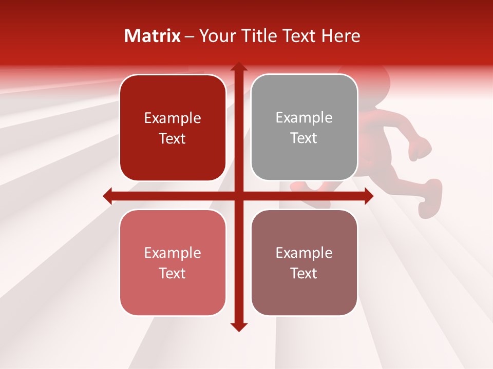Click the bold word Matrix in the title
tap(153, 36)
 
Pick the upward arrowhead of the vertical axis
tap(238, 67)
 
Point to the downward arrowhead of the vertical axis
tap(238, 326)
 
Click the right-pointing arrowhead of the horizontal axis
tap(368, 196)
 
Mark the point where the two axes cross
tap(238, 196)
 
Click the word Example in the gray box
tap(304, 118)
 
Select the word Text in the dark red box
tap(173, 139)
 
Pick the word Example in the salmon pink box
tap(173, 253)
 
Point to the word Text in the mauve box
tap(304, 274)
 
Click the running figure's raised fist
tap(420, 149)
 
